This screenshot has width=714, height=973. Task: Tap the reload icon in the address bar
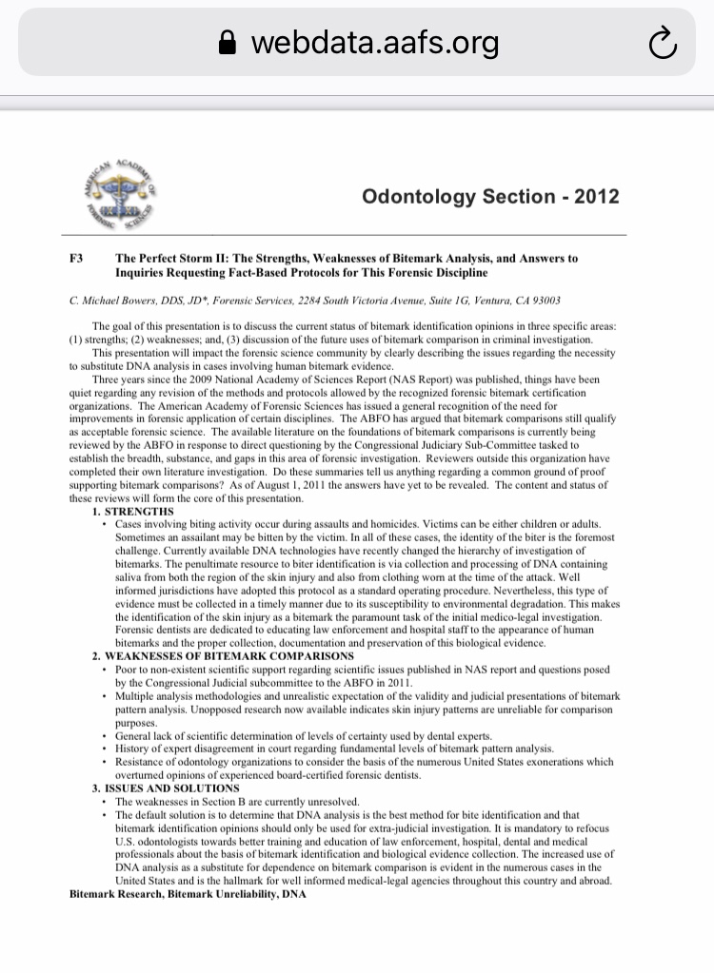[661, 43]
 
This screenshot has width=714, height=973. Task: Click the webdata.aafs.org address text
[373, 43]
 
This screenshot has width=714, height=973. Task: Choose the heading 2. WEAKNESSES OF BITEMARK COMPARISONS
[210, 656]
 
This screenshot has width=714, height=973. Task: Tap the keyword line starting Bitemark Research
[188, 895]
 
